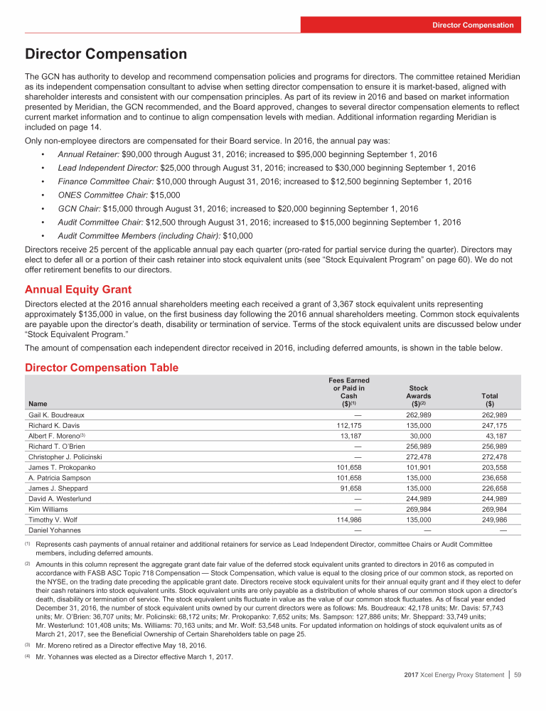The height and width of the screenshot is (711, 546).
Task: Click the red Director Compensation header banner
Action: (473, 25)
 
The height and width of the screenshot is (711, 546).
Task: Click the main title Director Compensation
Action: (106, 55)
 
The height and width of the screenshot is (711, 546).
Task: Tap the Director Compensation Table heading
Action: (102, 368)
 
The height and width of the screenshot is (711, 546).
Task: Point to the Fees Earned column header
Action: (348, 392)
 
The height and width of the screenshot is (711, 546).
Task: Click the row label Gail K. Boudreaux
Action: (57, 415)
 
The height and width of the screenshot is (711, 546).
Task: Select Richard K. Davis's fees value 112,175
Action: (352, 427)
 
